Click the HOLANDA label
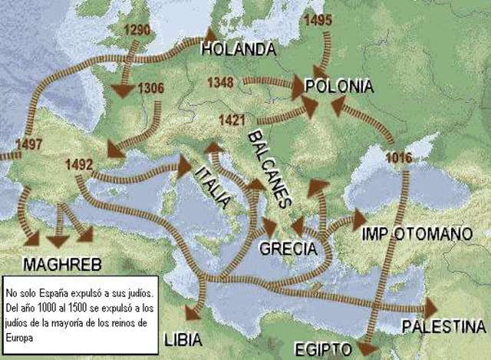[238, 50]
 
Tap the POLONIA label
[339, 86]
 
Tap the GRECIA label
[288, 248]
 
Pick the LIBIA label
[183, 338]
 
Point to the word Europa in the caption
[20, 336]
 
